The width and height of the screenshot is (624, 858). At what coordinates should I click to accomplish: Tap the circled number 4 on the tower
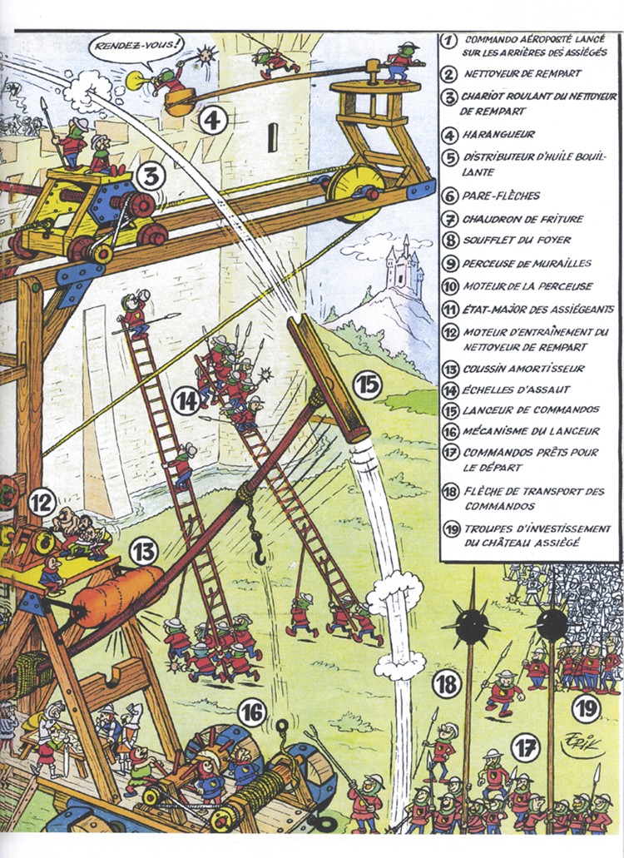pos(213,120)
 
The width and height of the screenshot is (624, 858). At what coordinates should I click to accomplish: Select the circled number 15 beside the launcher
pos(367,385)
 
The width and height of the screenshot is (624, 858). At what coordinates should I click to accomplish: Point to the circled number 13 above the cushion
pos(143,553)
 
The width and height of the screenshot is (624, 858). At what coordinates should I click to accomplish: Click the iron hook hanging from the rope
pos(258,542)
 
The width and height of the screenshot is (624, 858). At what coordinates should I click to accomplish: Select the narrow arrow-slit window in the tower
pos(272,137)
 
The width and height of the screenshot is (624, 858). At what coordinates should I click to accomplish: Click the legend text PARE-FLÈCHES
pos(501,196)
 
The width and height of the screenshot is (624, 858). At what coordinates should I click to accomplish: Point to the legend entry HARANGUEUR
pos(498,135)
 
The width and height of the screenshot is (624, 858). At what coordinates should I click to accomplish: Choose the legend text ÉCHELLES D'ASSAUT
pos(516,390)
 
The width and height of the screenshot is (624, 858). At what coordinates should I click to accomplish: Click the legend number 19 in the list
pos(451,529)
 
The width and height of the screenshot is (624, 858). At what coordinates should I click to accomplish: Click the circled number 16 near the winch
pos(252,713)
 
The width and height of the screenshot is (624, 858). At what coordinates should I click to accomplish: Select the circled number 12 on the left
pos(42,502)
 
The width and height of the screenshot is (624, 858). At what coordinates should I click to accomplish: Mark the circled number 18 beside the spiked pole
pos(447,683)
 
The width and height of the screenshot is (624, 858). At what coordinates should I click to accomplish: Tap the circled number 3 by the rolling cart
pos(151,177)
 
